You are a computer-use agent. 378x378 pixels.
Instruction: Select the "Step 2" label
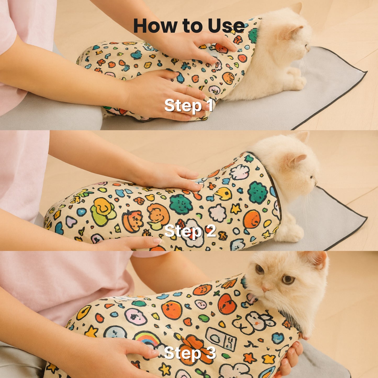(190, 231)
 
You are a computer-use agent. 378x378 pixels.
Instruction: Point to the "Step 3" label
(190, 353)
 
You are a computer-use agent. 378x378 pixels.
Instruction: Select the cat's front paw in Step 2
(293, 234)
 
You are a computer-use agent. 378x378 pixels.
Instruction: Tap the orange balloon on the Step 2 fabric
(252, 219)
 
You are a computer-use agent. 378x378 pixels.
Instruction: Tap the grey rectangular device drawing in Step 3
(221, 339)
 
